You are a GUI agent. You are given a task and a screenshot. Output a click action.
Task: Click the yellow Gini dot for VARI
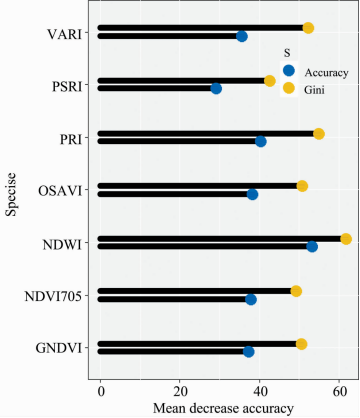click(308, 28)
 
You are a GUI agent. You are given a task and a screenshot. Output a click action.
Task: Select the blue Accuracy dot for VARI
click(242, 36)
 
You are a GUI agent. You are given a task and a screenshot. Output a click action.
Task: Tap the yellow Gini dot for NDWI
click(346, 239)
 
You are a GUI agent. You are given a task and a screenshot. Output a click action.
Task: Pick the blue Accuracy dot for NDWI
click(312, 247)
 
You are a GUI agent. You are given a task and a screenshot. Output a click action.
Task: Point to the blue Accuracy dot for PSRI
click(216, 89)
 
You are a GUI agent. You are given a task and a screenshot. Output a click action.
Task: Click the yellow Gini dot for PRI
click(319, 134)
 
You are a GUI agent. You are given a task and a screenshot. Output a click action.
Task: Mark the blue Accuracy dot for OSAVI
click(252, 194)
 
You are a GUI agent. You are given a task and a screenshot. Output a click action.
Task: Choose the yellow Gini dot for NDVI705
click(296, 291)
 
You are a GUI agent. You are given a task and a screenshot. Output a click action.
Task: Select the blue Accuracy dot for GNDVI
click(248, 352)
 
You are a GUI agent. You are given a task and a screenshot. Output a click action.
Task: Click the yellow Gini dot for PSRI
click(270, 81)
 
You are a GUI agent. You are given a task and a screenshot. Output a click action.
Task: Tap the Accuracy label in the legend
click(326, 73)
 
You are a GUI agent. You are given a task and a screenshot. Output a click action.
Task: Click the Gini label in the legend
click(314, 90)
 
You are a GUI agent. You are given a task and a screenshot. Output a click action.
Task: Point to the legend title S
click(287, 53)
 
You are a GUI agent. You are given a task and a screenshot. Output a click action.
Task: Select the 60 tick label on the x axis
click(339, 392)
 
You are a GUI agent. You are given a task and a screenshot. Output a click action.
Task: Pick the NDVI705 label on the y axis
click(53, 296)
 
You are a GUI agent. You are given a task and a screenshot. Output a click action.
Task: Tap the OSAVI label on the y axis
click(60, 191)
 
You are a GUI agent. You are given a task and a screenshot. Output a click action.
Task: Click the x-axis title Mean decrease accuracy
click(223, 409)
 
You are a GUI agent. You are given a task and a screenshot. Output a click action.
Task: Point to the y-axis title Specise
click(11, 194)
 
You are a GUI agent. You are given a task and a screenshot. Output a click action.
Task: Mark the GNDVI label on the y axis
click(59, 348)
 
